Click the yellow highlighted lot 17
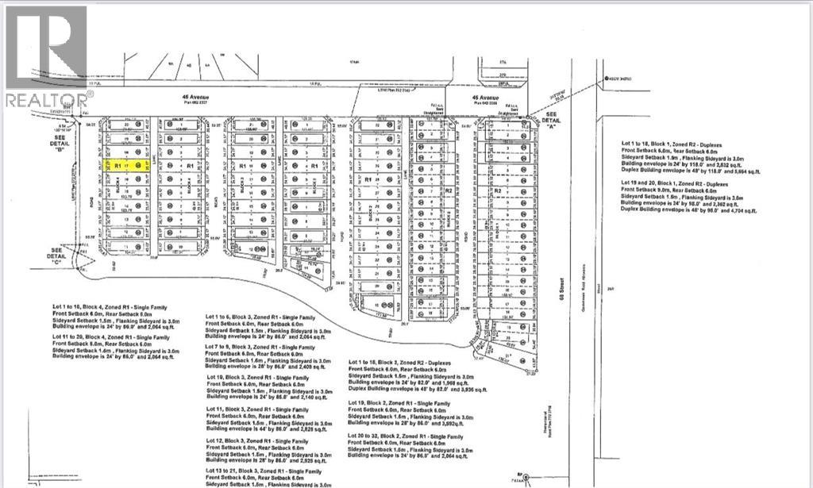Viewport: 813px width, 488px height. pyautogui.click(x=128, y=166)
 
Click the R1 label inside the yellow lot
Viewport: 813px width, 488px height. pyautogui.click(x=117, y=166)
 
